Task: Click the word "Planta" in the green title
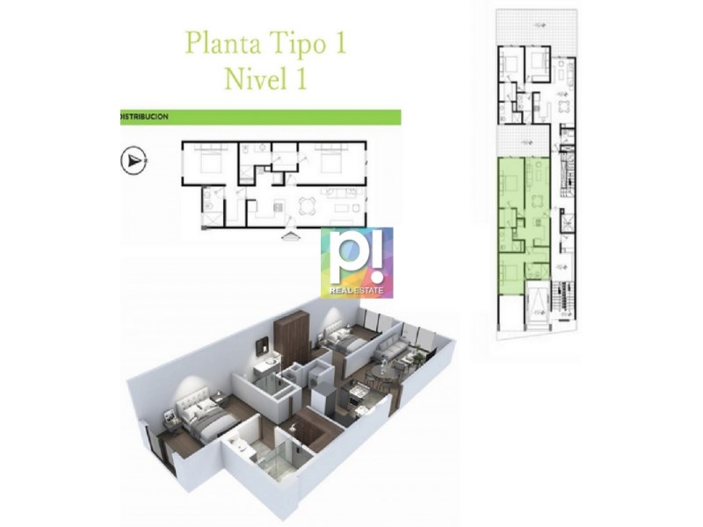(222, 43)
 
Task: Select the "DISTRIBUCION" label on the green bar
(145, 117)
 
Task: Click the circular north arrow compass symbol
(134, 161)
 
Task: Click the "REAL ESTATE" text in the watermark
(357, 291)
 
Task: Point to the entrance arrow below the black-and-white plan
(292, 235)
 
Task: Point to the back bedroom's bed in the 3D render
(344, 343)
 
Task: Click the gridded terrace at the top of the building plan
(536, 27)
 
